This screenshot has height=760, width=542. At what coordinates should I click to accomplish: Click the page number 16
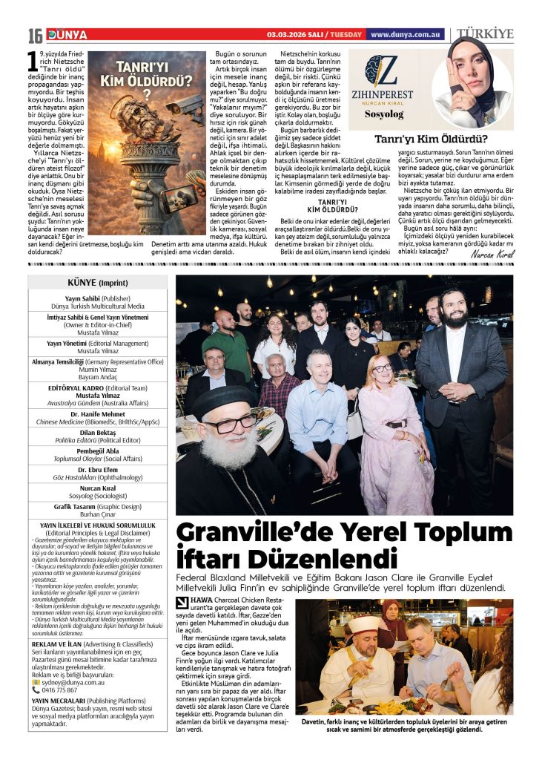36,36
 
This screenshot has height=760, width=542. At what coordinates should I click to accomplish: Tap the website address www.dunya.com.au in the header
406,35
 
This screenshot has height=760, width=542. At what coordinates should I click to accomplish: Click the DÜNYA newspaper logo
67,35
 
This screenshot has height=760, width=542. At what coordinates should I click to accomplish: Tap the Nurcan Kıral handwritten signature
492,255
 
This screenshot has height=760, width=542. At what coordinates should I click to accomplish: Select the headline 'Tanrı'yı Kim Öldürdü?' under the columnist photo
431,138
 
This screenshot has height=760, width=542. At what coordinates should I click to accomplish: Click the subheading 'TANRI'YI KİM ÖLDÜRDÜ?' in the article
333,205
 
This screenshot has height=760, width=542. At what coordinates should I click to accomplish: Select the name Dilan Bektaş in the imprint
96,431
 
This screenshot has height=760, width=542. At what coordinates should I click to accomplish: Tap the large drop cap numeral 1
33,60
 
